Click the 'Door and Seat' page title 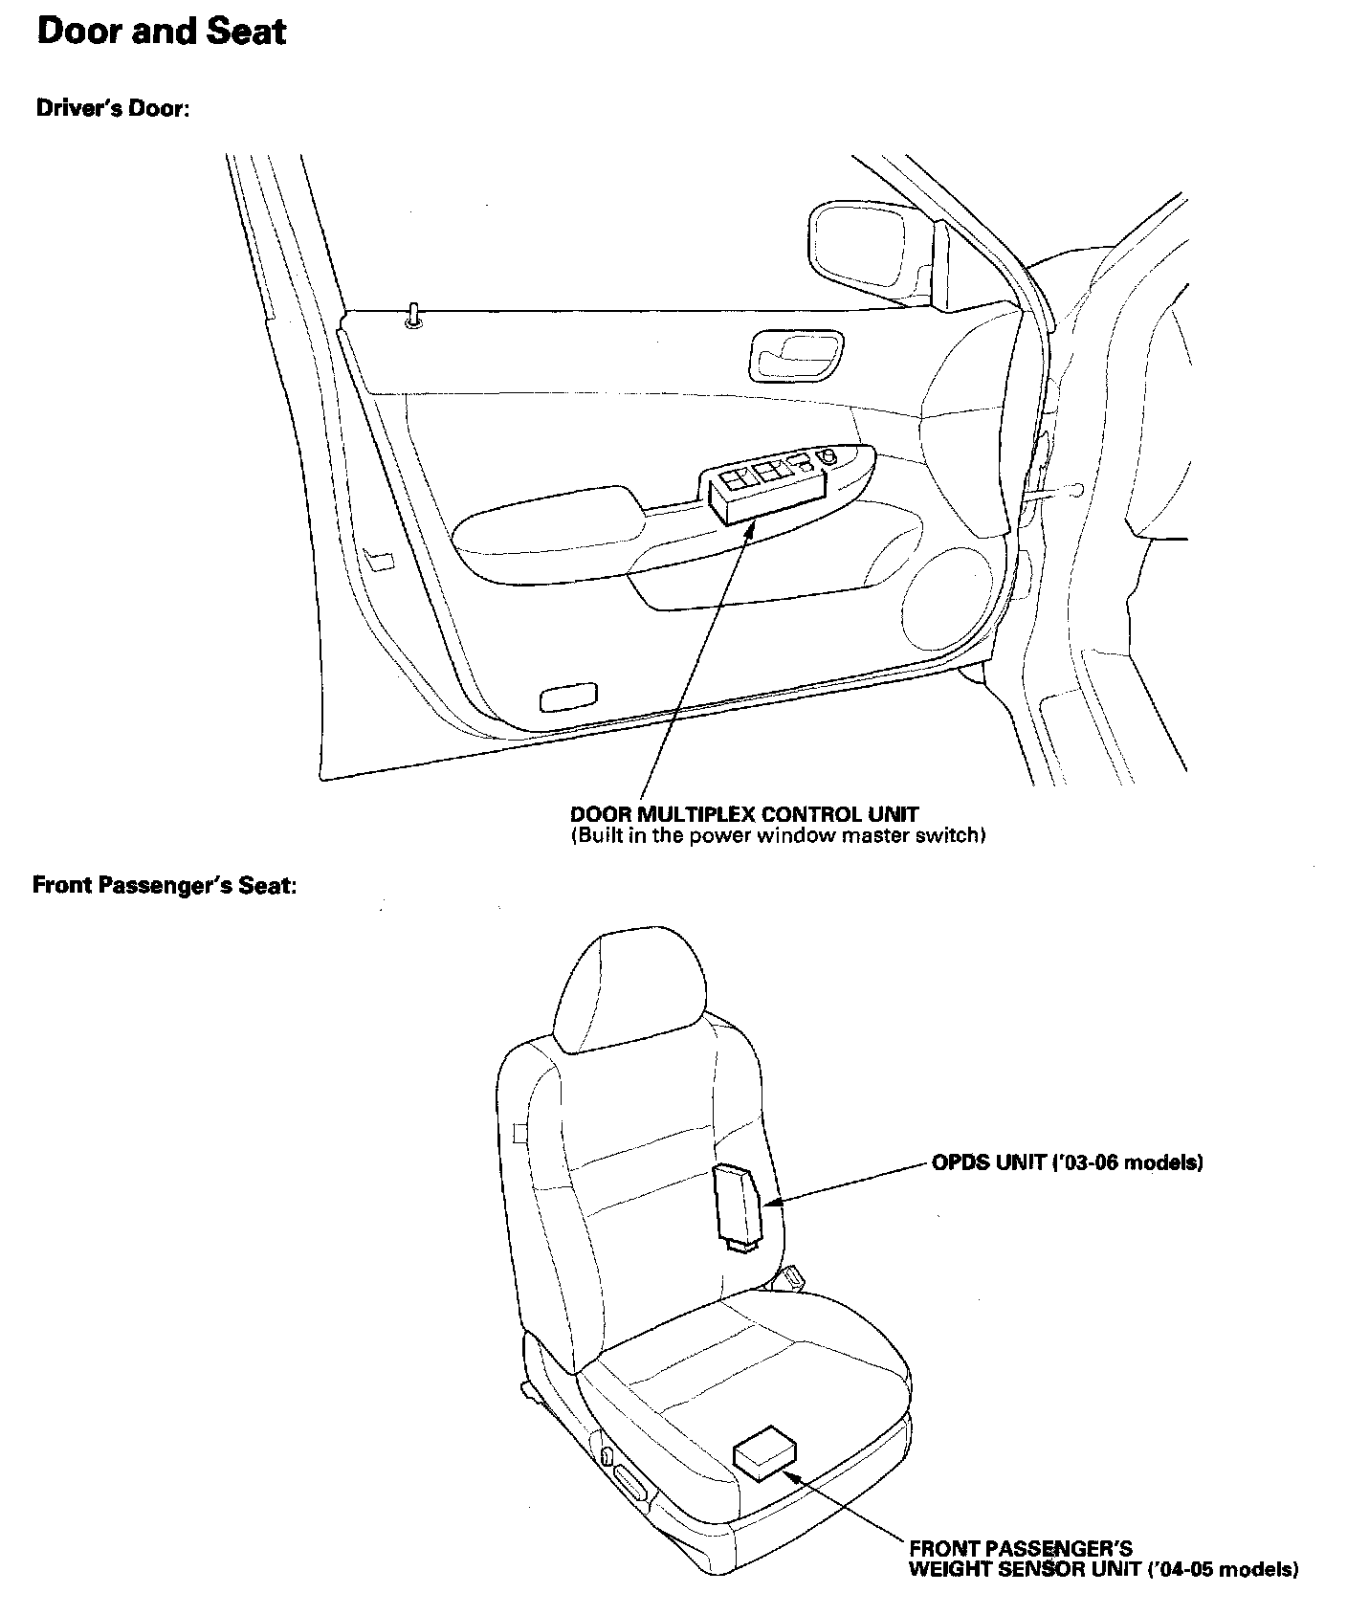coord(161,33)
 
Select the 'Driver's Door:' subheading coord(113,108)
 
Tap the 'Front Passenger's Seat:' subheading coord(165,885)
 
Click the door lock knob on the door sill coord(413,317)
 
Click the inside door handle coord(797,354)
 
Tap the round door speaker coord(947,599)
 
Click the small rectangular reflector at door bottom coord(568,698)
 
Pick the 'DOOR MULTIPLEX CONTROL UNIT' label coord(743,815)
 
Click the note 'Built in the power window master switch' coord(778,836)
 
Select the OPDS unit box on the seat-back coord(738,1205)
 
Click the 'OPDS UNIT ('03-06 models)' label coord(1067,1163)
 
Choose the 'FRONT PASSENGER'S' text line coord(1020,1548)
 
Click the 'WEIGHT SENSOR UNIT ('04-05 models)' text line coord(1102,1569)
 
